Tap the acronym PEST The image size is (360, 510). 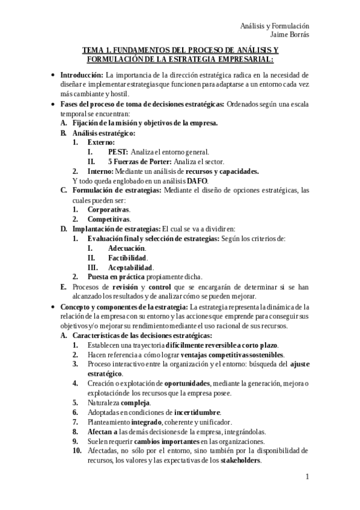tap(118, 152)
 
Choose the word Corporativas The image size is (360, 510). tap(108, 210)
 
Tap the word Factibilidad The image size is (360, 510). tap(127, 258)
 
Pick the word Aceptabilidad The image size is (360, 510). tap(130, 268)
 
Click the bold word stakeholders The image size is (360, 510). tap(240, 460)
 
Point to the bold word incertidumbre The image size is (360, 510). tap(197, 412)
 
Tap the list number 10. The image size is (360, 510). tap(76, 450)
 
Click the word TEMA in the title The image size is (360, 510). tap(93, 51)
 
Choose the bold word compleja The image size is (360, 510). tap(135, 402)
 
